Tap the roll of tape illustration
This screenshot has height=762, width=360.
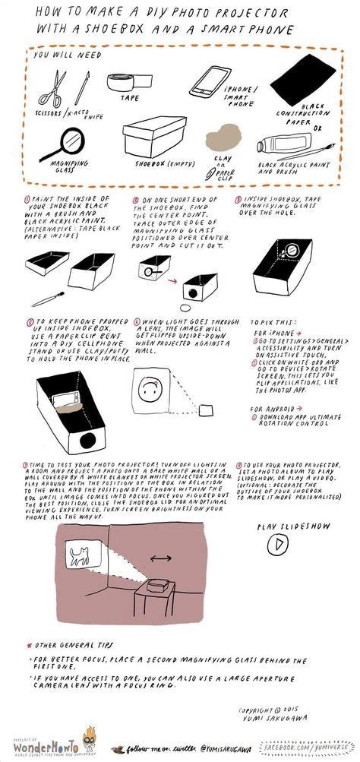click(126, 84)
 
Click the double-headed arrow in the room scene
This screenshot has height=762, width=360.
click(161, 558)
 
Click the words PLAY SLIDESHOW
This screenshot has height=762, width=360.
click(283, 525)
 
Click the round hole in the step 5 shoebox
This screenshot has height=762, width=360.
click(89, 438)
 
